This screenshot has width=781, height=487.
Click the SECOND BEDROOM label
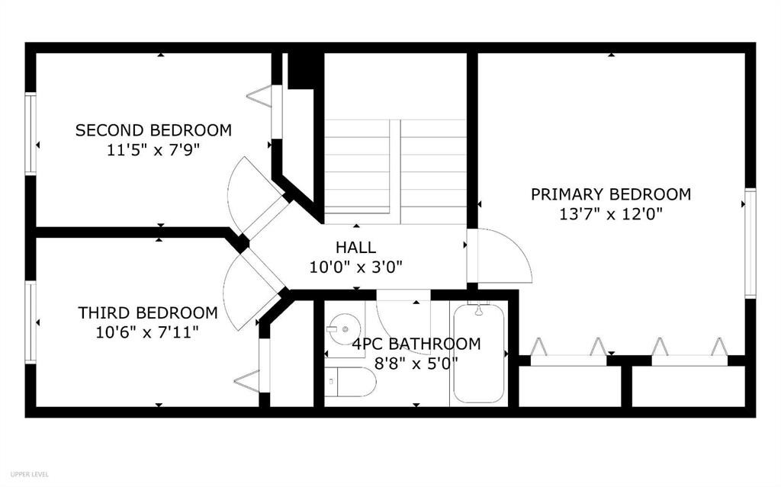pos(153,130)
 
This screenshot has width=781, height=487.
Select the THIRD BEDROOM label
pos(147,312)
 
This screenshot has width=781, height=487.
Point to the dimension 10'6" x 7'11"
pos(147,332)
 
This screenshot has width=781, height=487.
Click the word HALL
pos(355,247)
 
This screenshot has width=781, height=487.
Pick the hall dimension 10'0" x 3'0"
pos(355,267)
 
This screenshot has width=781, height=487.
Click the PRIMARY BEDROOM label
pos(611,194)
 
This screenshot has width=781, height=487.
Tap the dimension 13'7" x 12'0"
pos(611,214)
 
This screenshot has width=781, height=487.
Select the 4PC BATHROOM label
pos(416,344)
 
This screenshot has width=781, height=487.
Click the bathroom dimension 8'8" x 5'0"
pos(416,363)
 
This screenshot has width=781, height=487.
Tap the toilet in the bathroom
pos(349,382)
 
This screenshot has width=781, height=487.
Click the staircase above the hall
pos(395,171)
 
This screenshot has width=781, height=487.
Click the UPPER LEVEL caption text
pos(31,474)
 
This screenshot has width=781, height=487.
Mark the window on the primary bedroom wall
pos(750,242)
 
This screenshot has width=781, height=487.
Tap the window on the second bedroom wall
pos(31,133)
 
